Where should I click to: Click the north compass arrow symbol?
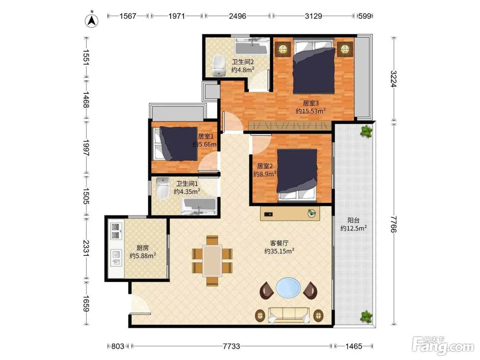[x=92, y=21]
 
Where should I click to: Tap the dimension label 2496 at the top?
[x=237, y=16]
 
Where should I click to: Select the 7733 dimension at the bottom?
[x=231, y=346]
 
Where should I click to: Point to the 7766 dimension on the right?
[x=393, y=224]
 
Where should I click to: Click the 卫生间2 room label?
[x=243, y=62]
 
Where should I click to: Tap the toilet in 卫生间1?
[x=163, y=188]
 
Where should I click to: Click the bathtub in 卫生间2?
[x=252, y=46]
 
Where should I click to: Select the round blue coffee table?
[x=288, y=288]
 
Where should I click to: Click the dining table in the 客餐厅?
[x=212, y=261]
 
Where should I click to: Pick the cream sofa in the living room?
[x=289, y=315]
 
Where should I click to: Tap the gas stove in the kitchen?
[x=116, y=231]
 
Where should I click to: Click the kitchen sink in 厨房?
[x=116, y=258]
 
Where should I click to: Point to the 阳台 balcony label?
[x=353, y=220]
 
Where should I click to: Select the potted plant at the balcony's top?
[x=366, y=131]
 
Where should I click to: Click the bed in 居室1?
[x=176, y=144]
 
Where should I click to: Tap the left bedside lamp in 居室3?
[x=283, y=49]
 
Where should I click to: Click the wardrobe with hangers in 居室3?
[x=290, y=126]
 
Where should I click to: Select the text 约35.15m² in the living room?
[x=279, y=251]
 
